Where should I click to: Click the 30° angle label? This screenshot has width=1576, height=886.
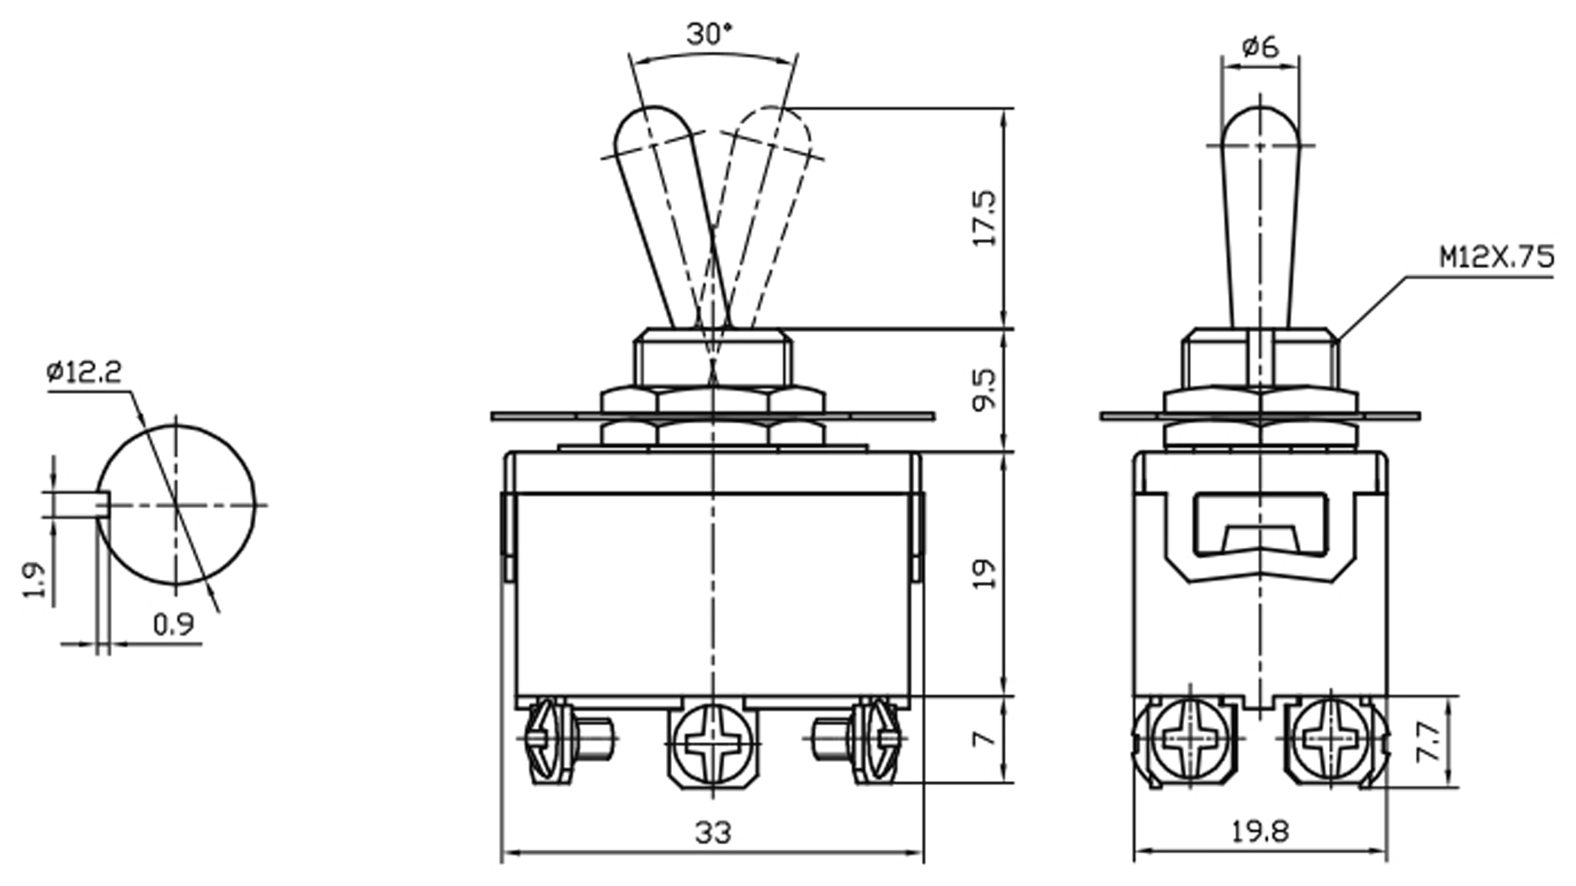[x=709, y=34]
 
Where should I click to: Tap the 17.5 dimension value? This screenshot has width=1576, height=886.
[x=985, y=218]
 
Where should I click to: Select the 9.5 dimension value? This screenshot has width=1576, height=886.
[x=985, y=390]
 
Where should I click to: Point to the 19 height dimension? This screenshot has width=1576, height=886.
[x=985, y=574]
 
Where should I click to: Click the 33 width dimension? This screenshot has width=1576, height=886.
[x=712, y=833]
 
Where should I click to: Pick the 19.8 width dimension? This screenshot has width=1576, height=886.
[x=1260, y=831]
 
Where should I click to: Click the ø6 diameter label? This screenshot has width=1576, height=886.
[x=1260, y=48]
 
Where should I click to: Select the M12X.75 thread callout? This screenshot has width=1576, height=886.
[x=1496, y=257]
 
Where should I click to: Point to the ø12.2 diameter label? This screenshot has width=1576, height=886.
[x=84, y=373]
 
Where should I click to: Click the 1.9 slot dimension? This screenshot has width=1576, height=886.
[x=35, y=579]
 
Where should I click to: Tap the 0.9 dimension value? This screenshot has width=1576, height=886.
[x=173, y=625]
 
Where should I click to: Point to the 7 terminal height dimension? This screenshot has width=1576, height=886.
[x=984, y=739]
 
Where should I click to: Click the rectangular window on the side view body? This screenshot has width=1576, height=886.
[x=1260, y=524]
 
